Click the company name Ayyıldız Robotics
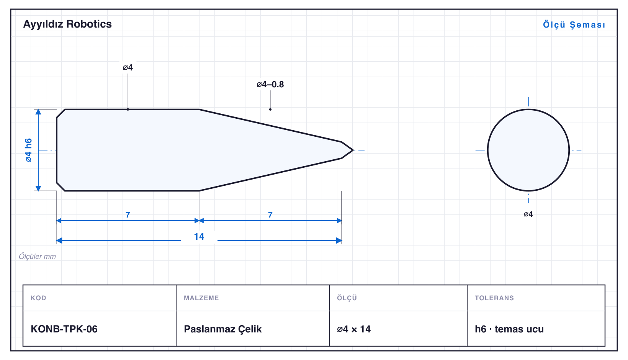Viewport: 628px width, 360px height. pyautogui.click(x=67, y=25)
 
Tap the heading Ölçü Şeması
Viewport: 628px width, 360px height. pyautogui.click(x=574, y=25)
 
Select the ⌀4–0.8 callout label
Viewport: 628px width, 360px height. pyautogui.click(x=270, y=84)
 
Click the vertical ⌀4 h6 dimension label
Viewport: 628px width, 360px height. pyautogui.click(x=29, y=150)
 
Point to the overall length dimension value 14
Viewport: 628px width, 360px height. pyautogui.click(x=199, y=237)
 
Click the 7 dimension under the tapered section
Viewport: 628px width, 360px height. pyautogui.click(x=270, y=215)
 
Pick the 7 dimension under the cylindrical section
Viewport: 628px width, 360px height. pyautogui.click(x=128, y=215)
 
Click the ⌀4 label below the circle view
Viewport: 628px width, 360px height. pyautogui.click(x=528, y=214)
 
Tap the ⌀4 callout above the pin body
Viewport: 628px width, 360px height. pyautogui.click(x=128, y=67)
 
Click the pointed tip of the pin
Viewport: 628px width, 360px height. pyautogui.click(x=353, y=150)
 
